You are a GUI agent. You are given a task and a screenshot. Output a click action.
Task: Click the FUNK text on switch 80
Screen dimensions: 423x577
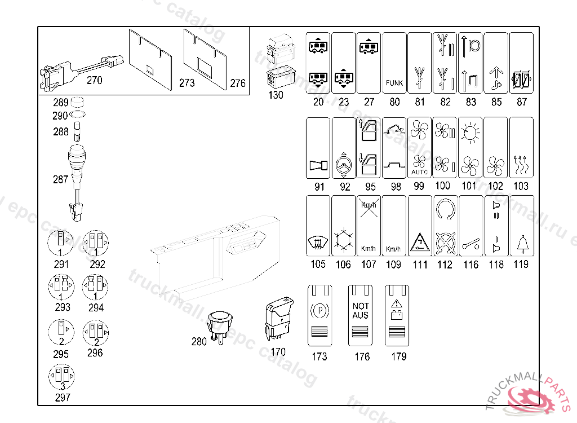394,83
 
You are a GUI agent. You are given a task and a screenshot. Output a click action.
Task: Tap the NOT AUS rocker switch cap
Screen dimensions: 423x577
361,315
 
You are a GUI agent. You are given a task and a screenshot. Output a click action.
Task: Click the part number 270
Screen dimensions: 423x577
95,80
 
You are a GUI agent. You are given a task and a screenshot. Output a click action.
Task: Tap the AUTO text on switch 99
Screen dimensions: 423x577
419,171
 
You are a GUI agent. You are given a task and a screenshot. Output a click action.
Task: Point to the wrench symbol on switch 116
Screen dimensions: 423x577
471,245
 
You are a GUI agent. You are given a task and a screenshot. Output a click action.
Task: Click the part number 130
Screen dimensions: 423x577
276,95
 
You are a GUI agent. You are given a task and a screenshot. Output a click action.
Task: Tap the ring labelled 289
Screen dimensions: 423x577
77,103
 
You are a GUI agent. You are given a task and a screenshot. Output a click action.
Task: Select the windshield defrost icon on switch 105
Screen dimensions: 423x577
318,244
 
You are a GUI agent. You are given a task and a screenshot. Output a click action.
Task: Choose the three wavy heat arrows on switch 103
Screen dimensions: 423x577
521,165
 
